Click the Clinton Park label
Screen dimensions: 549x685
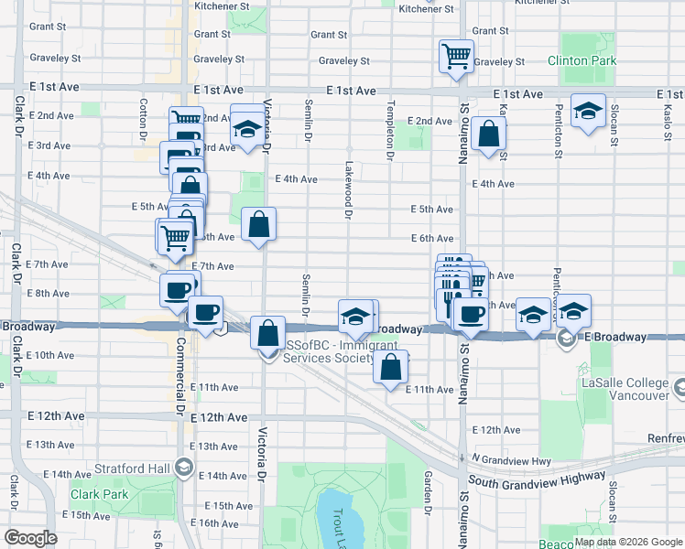pyautogui.click(x=582, y=60)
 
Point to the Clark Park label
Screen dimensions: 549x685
pyautogui.click(x=97, y=495)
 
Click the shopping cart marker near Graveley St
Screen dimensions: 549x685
pyautogui.click(x=456, y=56)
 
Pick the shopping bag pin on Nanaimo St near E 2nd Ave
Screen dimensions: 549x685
pyautogui.click(x=490, y=135)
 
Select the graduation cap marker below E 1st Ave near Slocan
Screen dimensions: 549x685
pyautogui.click(x=587, y=112)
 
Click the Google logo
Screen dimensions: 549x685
pyautogui.click(x=31, y=538)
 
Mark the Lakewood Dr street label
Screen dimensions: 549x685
pyautogui.click(x=349, y=191)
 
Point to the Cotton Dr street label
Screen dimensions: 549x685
pyautogui.click(x=145, y=119)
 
